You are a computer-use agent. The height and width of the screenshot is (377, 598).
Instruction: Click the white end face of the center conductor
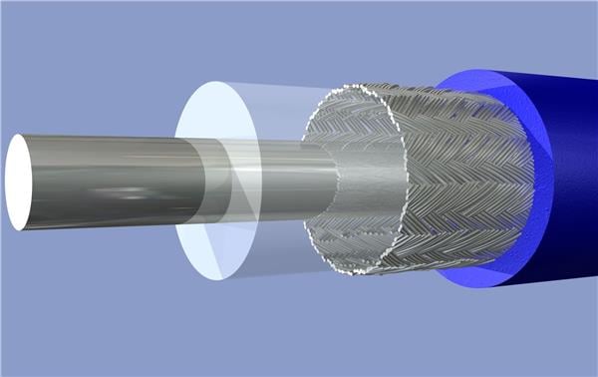(x=17, y=183)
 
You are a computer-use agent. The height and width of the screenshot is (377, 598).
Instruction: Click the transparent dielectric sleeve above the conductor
(x=269, y=115)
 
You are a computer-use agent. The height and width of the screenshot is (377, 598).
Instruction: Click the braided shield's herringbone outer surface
(x=468, y=180)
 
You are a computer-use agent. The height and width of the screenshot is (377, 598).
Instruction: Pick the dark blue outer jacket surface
(x=568, y=180)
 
